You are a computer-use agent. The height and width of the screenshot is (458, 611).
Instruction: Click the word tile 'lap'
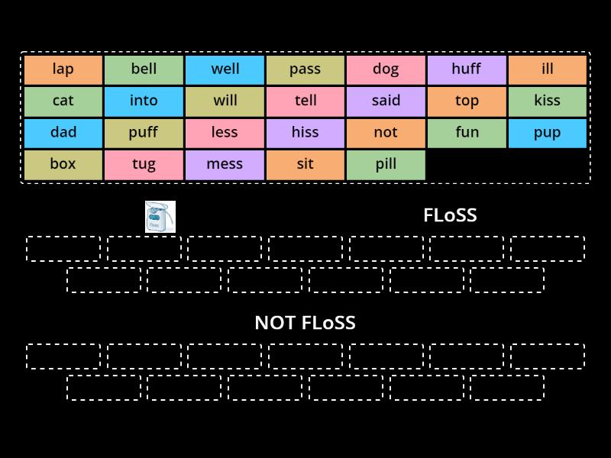[x=63, y=69]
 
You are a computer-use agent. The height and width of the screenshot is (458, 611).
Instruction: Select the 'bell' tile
[x=144, y=69]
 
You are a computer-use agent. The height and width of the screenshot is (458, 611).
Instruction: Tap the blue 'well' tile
[x=225, y=69]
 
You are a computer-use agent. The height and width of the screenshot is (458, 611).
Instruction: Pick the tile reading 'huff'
[x=467, y=69]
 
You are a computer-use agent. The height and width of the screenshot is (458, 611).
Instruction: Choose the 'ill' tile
[x=548, y=69]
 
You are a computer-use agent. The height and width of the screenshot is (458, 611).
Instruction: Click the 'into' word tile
[x=144, y=101]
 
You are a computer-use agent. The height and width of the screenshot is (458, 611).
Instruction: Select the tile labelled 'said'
[x=386, y=101]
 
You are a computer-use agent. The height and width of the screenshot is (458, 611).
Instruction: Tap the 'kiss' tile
[x=548, y=101]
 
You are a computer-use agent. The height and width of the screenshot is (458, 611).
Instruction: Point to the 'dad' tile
[x=63, y=133]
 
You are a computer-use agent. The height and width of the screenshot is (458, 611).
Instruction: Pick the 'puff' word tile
[x=144, y=133]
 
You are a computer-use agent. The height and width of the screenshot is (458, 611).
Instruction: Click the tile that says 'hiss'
[x=305, y=133]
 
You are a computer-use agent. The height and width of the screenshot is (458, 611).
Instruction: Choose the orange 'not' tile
[x=386, y=133]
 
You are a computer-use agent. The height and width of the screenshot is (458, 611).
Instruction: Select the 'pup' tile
[x=548, y=133]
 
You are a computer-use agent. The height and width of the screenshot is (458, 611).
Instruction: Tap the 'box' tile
[x=63, y=164]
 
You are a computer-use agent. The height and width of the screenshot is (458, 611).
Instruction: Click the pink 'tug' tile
[x=144, y=164]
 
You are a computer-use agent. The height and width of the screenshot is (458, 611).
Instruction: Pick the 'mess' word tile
[x=225, y=164]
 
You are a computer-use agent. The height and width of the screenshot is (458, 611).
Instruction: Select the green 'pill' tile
[x=386, y=164]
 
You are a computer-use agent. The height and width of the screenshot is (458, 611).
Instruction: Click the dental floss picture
[x=160, y=217]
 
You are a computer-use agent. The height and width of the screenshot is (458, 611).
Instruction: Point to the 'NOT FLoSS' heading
[x=305, y=323]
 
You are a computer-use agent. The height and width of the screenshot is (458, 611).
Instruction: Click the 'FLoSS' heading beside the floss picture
[x=450, y=215]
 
